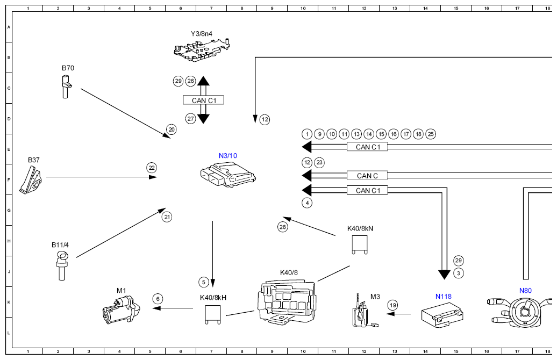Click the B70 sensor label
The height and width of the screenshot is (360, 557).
click(x=68, y=68)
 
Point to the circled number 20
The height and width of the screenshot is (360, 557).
click(x=172, y=129)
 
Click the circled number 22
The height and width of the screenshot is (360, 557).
click(x=152, y=168)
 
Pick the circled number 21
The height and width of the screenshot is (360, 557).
click(x=167, y=217)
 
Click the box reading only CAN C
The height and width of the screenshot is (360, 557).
click(x=367, y=176)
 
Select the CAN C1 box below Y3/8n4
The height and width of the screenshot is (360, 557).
click(x=203, y=100)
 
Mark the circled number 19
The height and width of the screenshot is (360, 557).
click(x=392, y=305)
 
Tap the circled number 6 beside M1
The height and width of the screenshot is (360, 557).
click(x=158, y=298)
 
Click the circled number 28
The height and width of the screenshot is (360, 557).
click(x=283, y=227)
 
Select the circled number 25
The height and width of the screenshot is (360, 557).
click(x=431, y=134)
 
